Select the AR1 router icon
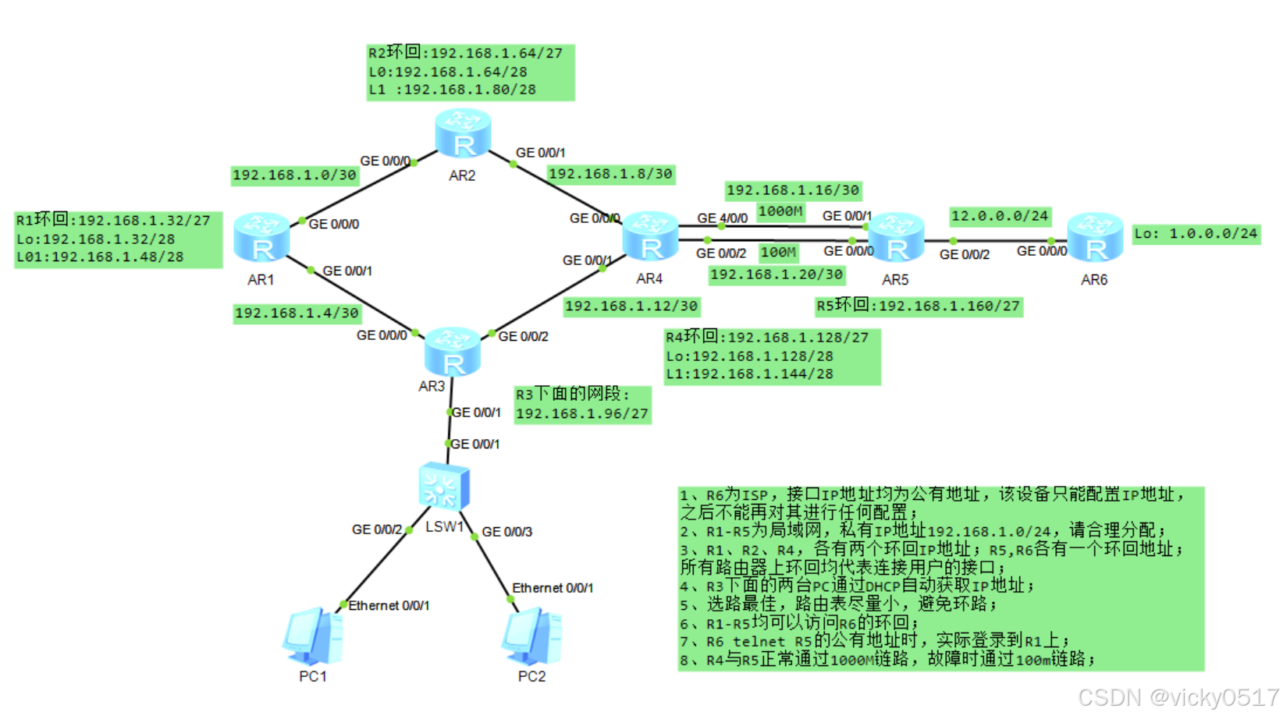[261, 237]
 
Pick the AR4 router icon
[650, 236]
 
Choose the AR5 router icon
[896, 237]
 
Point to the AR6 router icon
[1095, 237]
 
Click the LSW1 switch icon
[443, 487]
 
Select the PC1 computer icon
[313, 636]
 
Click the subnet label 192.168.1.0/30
[295, 175]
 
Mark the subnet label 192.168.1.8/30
[610, 174]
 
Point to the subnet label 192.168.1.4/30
[297, 313]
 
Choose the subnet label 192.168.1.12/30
[631, 306]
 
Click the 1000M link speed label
[780, 211]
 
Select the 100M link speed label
[778, 253]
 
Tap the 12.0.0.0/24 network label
[1000, 216]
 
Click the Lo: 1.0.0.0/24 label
[1196, 233]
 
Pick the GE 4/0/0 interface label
[722, 218]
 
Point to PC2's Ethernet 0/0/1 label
[552, 588]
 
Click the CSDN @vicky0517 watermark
[1178, 697]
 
